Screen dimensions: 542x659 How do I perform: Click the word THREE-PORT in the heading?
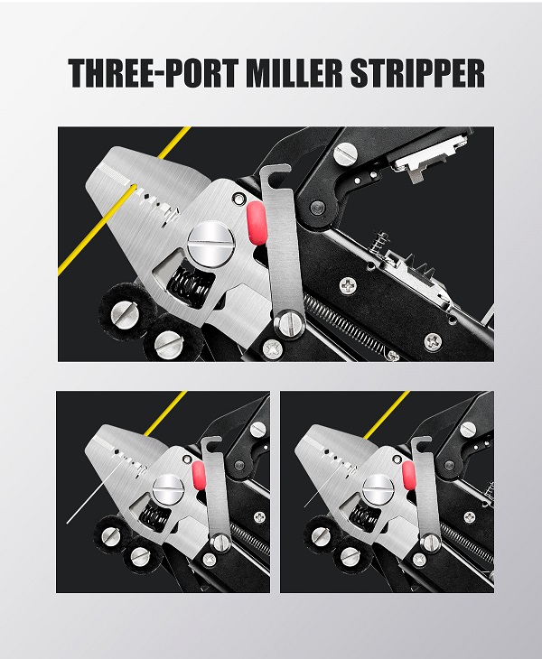click(154, 73)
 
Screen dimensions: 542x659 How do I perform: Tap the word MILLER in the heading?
click(294, 73)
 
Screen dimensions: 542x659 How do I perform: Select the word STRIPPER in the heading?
click(417, 73)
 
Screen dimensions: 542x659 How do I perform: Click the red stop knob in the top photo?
click(257, 222)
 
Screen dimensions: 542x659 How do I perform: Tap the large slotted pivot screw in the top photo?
click(210, 245)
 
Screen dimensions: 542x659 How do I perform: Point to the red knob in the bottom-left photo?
click(199, 475)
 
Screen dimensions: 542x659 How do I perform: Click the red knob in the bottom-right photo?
click(408, 476)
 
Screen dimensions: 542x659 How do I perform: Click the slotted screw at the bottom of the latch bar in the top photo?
click(290, 323)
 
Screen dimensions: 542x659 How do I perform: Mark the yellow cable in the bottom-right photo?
click(387, 415)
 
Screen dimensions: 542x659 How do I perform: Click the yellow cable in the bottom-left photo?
click(165, 413)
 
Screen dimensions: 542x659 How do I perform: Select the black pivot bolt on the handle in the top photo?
click(315, 207)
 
